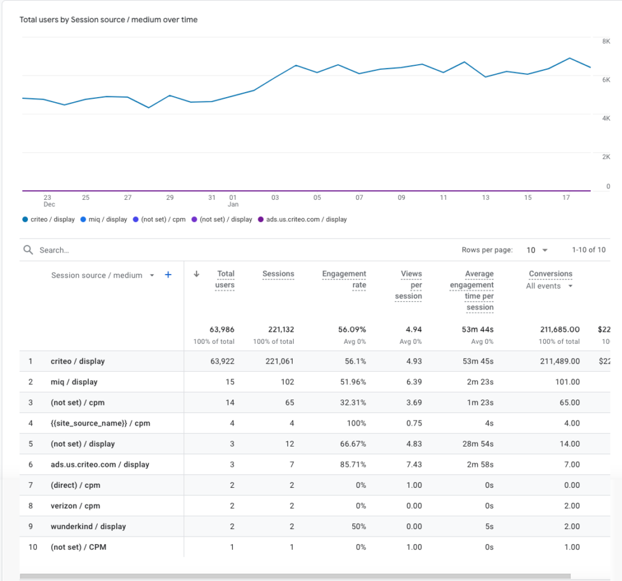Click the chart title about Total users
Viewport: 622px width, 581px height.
pos(109,20)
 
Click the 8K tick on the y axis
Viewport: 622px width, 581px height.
pos(606,41)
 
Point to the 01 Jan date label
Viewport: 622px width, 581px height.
pos(233,200)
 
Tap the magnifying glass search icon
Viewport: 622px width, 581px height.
pos(28,250)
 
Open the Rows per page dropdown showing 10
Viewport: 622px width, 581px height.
pos(537,250)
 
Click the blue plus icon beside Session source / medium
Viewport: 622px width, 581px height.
pos(168,275)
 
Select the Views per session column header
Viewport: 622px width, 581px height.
pos(409,285)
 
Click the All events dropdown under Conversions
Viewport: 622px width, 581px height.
pos(550,286)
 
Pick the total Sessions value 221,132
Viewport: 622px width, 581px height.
pos(278,329)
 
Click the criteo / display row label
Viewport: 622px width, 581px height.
pos(77,361)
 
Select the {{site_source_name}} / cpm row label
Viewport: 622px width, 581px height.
pos(100,423)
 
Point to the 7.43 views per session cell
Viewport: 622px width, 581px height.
pos(414,464)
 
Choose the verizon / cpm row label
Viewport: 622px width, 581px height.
pos(76,506)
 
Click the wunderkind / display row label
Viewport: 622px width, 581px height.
pos(88,526)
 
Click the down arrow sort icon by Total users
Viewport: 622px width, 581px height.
pos(196,274)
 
